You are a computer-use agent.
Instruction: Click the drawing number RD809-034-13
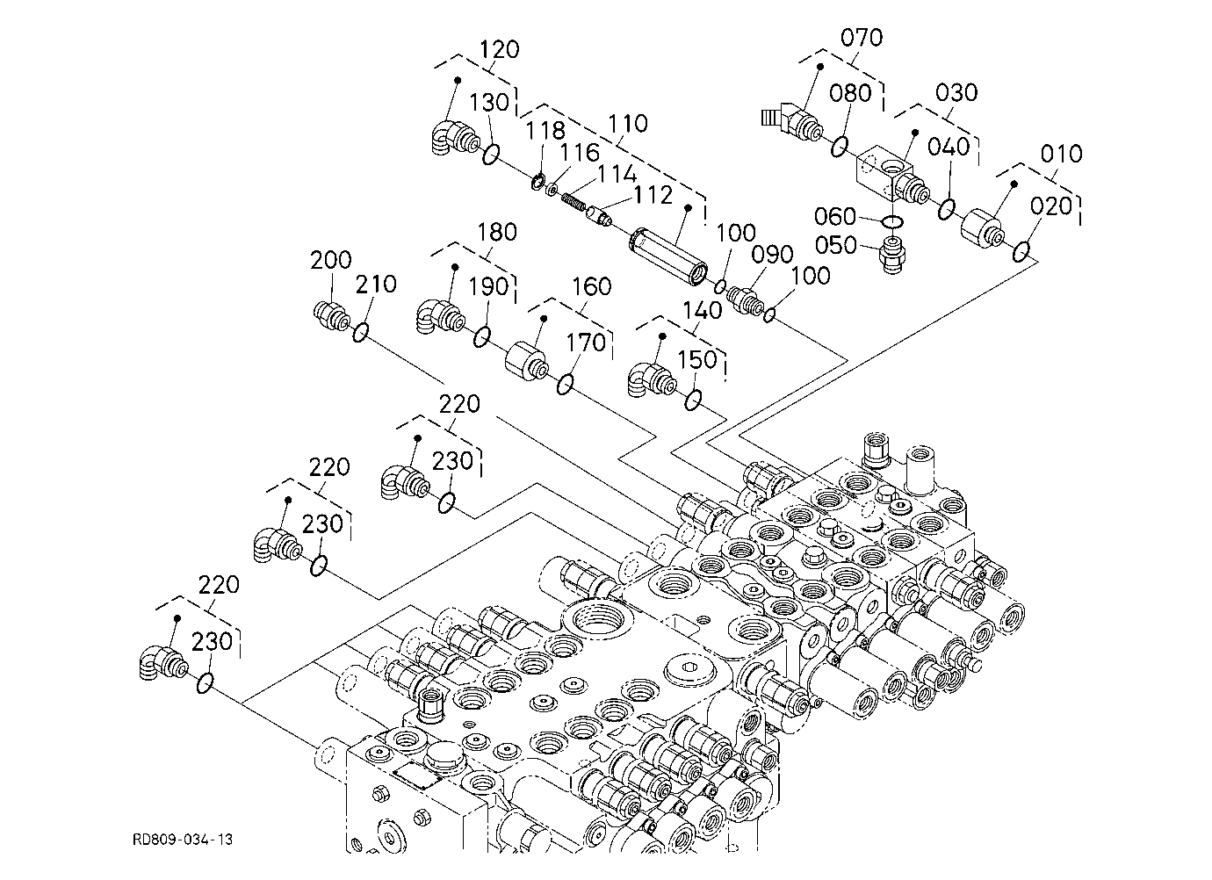pos(183,840)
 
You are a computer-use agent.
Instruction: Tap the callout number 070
pos(862,38)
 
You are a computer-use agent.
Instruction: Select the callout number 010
pos(1061,155)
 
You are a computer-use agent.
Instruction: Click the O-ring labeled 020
pos(1021,251)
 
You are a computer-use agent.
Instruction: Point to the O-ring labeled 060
pos(892,222)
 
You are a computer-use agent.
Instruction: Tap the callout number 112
pos(653,195)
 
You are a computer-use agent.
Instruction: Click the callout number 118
pos(545,131)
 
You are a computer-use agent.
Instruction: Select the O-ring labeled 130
pos(490,155)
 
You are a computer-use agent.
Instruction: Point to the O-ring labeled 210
pos(360,332)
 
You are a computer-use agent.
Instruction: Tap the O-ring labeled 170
pos(565,385)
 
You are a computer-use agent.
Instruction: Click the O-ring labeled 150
pos(693,400)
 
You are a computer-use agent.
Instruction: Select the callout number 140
pos(703,311)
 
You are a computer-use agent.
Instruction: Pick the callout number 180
pos(497,233)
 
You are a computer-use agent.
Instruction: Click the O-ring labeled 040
pos(947,209)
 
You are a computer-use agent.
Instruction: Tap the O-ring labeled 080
pos(840,147)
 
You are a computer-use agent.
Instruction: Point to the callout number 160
pos(591,287)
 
